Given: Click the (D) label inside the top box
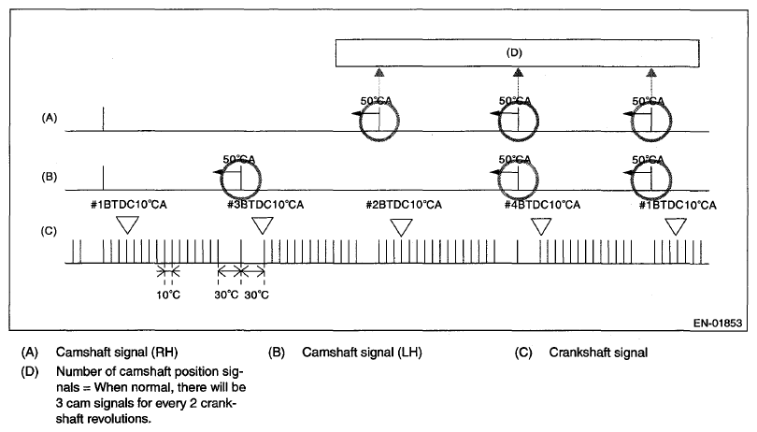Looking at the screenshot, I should coord(514,52).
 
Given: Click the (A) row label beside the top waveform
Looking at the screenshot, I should coord(49,119).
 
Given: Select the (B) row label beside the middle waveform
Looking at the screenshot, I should coord(49,175).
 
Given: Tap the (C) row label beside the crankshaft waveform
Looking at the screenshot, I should coord(49,230).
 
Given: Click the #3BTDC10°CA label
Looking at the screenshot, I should coord(266,205).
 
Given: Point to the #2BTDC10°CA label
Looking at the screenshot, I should coord(403,205).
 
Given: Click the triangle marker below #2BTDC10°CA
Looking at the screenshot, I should coord(402,226).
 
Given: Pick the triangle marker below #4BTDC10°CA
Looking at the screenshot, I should coord(541,226).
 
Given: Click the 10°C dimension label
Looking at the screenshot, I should coord(169,295).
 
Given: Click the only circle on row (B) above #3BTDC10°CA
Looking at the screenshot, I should coord(241,174).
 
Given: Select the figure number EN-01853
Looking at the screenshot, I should coord(718,324).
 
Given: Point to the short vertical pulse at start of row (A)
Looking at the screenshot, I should coord(103,120).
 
